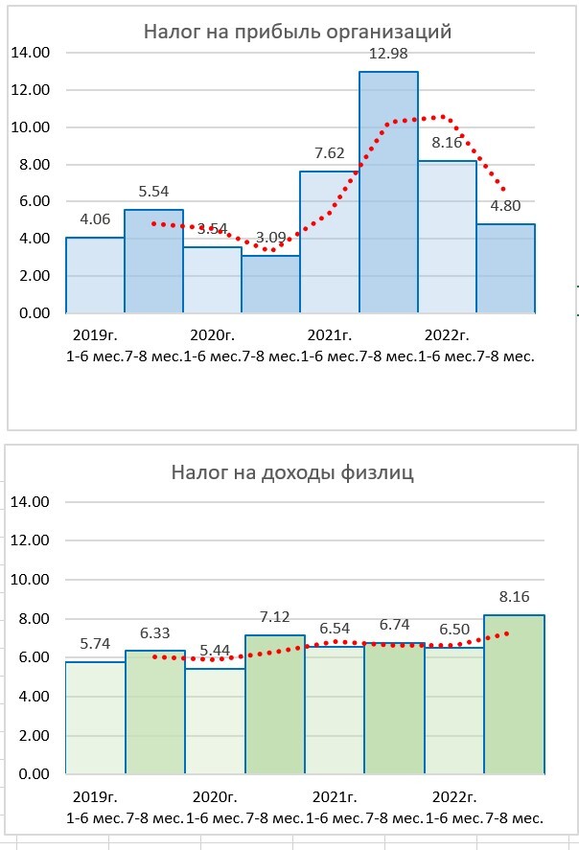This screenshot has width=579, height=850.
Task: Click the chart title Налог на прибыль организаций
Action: pyautogui.click(x=297, y=32)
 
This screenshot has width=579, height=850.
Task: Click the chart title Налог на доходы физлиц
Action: pyautogui.click(x=292, y=472)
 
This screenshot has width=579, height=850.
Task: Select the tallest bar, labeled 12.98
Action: pyautogui.click(x=388, y=192)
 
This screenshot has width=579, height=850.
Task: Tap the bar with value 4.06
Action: pyautogui.click(x=95, y=275)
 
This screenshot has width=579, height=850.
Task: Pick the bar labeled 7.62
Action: pyautogui.click(x=329, y=242)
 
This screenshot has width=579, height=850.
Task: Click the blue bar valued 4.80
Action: pyautogui.click(x=506, y=268)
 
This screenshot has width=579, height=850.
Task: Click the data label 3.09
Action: pyautogui.click(x=270, y=237)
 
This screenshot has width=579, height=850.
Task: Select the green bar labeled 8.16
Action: pyautogui.click(x=514, y=695)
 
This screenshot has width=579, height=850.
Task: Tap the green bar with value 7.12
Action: pyautogui.click(x=275, y=704)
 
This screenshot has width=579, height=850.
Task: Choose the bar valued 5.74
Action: pyautogui.click(x=95, y=718)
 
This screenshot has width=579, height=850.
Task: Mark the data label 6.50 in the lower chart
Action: pyautogui.click(x=453, y=631)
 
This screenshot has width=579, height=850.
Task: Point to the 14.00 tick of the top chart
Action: pyautogui.click(x=29, y=53)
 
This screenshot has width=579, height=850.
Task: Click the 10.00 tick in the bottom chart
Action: pyautogui.click(x=29, y=580)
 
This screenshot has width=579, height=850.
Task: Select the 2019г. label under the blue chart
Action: pyautogui.click(x=92, y=335)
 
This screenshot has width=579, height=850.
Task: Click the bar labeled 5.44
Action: pyautogui.click(x=214, y=721)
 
